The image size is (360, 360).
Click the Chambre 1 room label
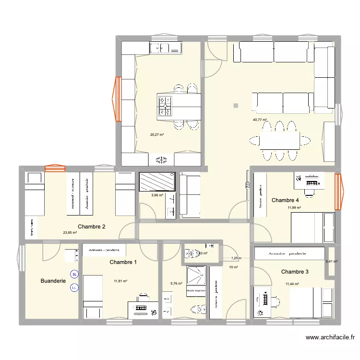point(123,262)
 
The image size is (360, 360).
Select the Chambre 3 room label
point(295,272)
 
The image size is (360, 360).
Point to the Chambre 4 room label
point(285,200)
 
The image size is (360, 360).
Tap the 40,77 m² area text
point(260,120)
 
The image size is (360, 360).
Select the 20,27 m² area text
point(156,135)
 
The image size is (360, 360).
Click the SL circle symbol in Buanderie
point(74,275)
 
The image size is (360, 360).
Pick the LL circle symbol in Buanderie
point(74,288)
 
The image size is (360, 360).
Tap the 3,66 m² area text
point(157,195)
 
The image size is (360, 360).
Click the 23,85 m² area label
point(70,233)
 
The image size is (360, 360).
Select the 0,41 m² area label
point(331,262)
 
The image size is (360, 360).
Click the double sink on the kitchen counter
point(165,48)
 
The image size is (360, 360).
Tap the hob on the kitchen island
point(165,106)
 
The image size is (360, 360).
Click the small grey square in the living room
point(235,106)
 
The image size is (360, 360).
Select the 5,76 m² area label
point(176,284)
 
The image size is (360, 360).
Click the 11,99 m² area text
point(294,208)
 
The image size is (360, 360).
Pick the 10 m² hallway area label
point(233,267)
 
